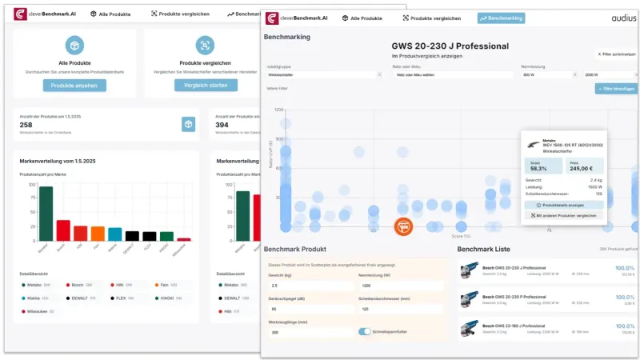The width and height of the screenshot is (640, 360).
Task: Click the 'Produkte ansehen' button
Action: point(74,85)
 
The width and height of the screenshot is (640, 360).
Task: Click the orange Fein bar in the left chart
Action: point(98,234)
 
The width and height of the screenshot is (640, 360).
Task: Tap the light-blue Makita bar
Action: point(115,234)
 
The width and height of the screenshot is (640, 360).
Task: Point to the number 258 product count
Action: point(26,125)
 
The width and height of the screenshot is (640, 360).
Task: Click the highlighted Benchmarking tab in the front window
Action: point(501,18)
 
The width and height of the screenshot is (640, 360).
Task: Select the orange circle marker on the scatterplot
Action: point(404,226)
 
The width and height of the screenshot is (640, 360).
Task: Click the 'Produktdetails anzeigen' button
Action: point(564,205)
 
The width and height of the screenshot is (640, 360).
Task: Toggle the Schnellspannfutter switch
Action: point(365,331)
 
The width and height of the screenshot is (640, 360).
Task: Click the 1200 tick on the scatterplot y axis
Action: point(280,110)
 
